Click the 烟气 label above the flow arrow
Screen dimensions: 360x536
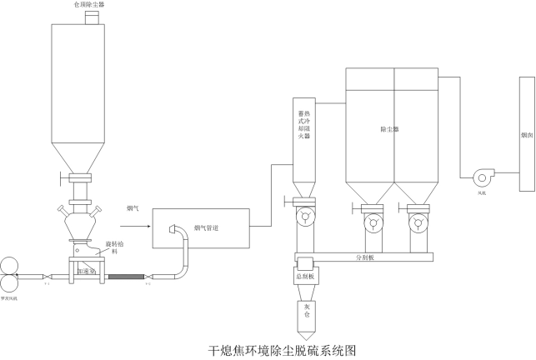133,207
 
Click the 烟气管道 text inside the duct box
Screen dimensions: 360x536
207,227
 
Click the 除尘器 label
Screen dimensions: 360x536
389,130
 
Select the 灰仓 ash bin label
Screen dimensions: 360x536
305,313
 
